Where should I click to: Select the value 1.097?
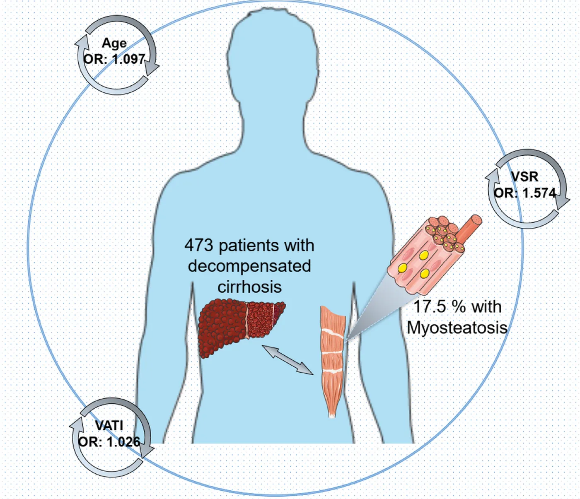coord(126,60)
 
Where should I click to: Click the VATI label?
coord(109,426)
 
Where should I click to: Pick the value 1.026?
coord(123,442)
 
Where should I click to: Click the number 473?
coord(198,246)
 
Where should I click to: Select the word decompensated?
coord(249,266)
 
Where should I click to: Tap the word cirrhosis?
coord(249,287)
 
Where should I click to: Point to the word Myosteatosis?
coord(457,328)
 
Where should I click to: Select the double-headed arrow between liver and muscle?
coord(288,360)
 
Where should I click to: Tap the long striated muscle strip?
coord(333,362)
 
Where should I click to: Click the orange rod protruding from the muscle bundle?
coord(469,228)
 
